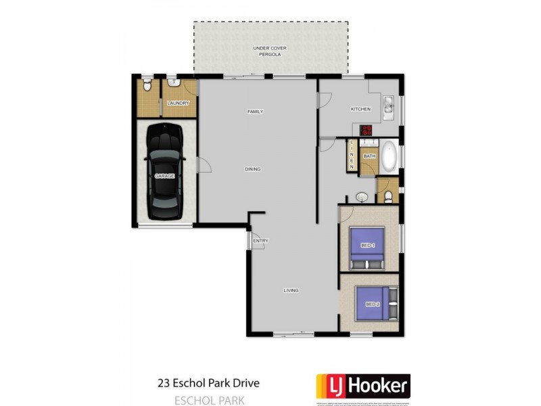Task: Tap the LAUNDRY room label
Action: click(x=179, y=104)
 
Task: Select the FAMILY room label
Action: click(x=255, y=112)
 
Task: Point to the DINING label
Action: click(x=252, y=169)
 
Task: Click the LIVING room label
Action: click(x=291, y=290)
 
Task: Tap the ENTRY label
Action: click(x=260, y=242)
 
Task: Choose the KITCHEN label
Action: click(x=360, y=110)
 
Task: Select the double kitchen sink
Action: click(x=390, y=107)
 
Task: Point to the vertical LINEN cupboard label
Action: click(x=352, y=156)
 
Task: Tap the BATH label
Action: click(x=369, y=156)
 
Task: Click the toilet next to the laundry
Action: click(x=147, y=85)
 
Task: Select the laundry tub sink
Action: click(x=172, y=85)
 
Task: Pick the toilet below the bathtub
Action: click(x=388, y=197)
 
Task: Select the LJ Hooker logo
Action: click(x=362, y=386)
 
